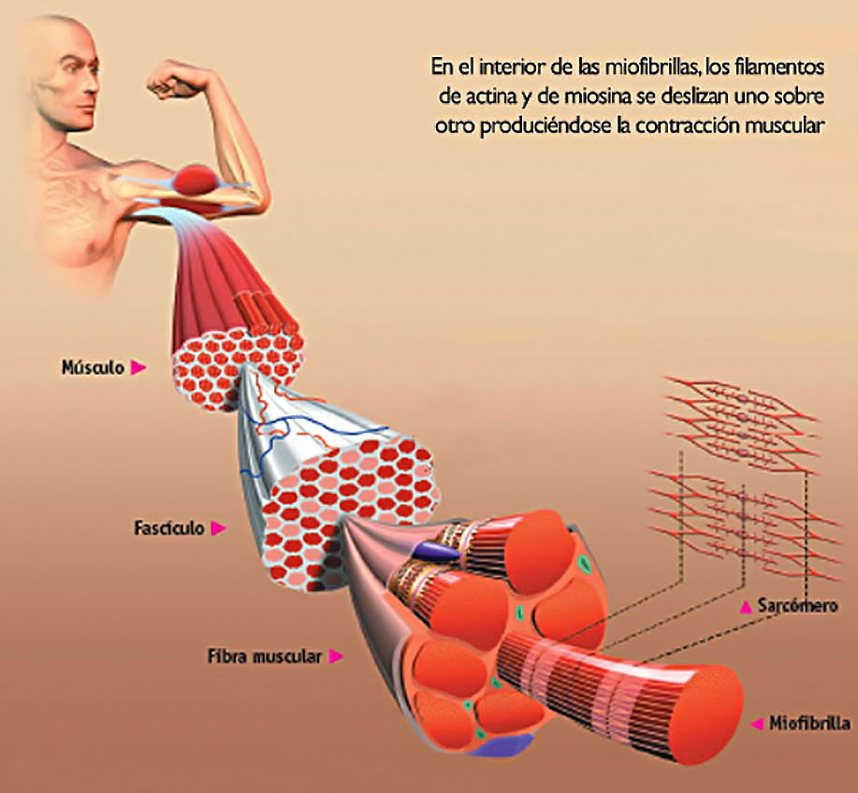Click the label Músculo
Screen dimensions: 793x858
click(93, 368)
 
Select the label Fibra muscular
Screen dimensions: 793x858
click(265, 656)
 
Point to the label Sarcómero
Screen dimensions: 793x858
click(798, 605)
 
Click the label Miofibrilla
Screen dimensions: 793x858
click(810, 723)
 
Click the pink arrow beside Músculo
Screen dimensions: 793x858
click(138, 368)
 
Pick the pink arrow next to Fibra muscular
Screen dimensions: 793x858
click(336, 656)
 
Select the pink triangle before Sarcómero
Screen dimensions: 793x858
click(746, 606)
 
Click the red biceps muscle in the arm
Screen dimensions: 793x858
click(197, 179)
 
